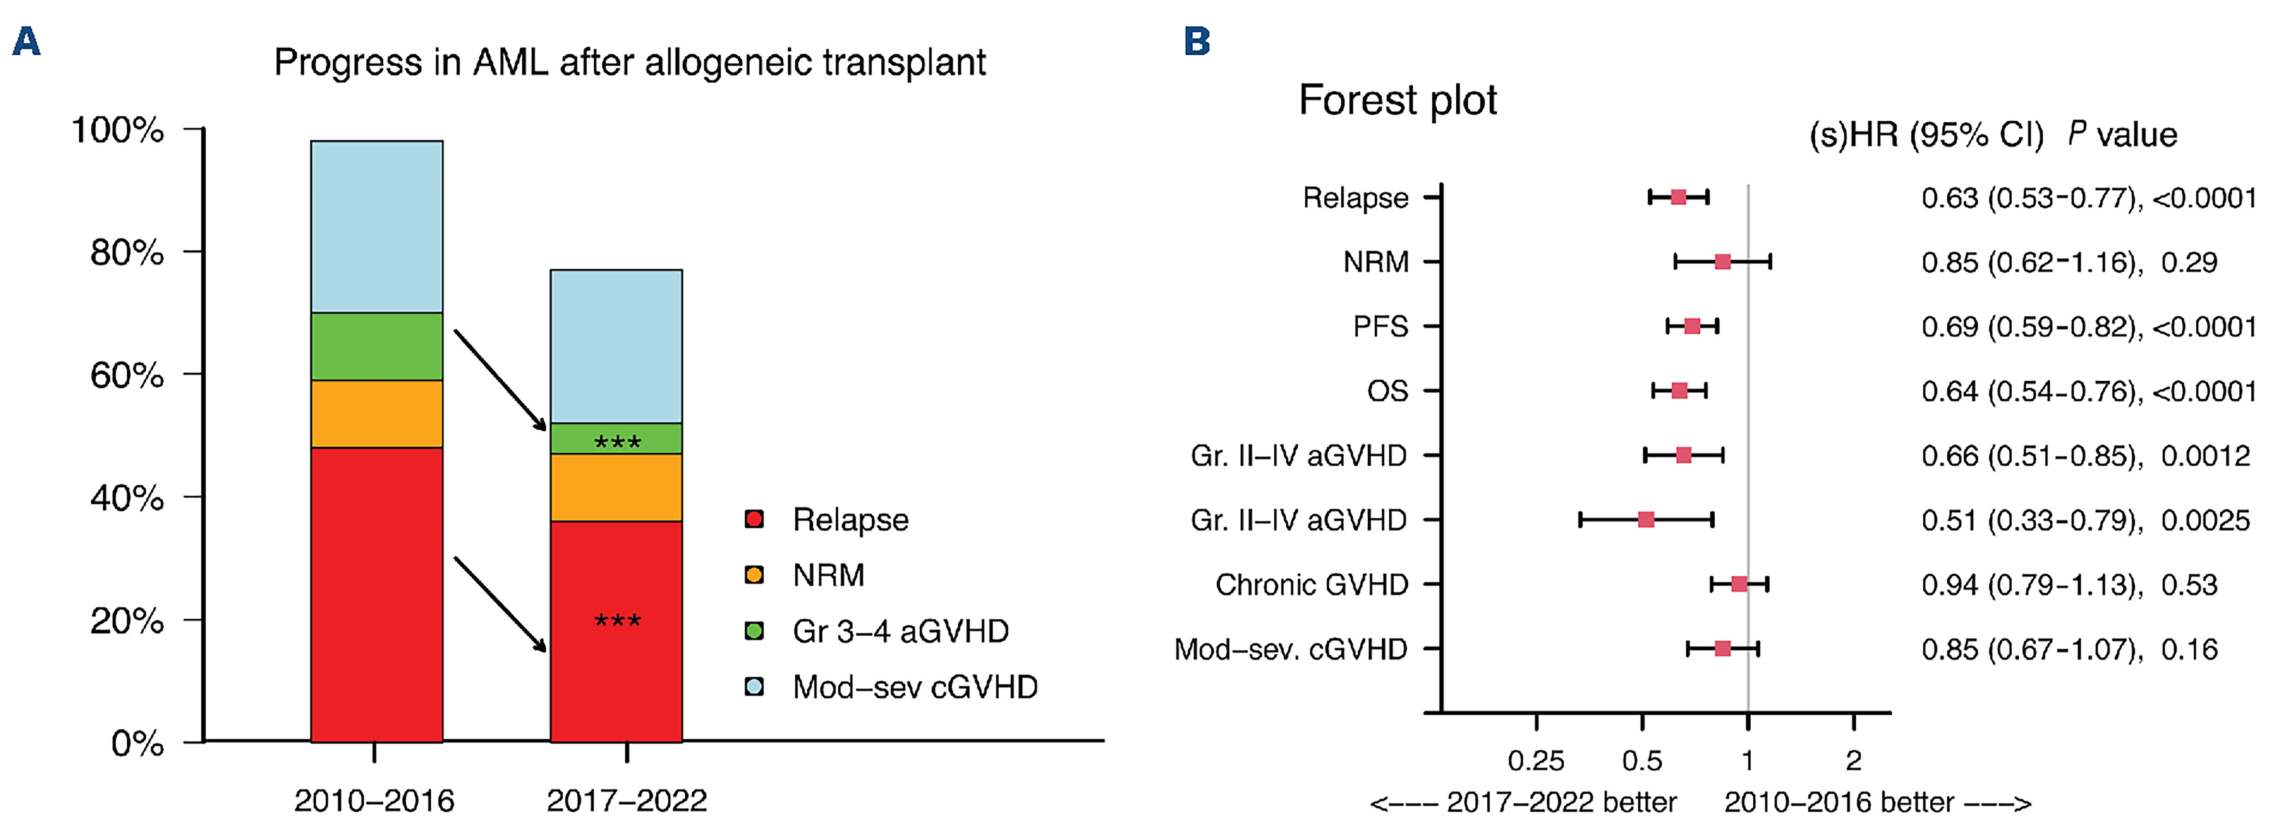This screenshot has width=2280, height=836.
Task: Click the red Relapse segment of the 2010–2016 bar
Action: [376, 593]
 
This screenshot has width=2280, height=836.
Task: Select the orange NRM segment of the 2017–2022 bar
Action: [616, 487]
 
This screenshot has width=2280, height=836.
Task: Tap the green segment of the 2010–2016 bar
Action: [376, 346]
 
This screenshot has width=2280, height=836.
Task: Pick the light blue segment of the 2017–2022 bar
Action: [616, 346]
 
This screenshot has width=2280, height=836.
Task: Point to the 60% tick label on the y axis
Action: [127, 375]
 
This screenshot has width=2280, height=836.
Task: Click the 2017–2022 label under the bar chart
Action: [627, 801]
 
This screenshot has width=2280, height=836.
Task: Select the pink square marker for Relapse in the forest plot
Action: [1678, 197]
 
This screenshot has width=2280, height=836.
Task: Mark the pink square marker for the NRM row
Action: [1723, 261]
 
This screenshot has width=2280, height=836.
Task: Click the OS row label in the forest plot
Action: [1387, 391]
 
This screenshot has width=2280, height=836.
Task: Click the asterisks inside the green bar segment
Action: [617, 441]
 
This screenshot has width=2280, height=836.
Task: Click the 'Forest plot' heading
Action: [1398, 100]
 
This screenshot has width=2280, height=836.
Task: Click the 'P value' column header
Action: [2123, 135]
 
